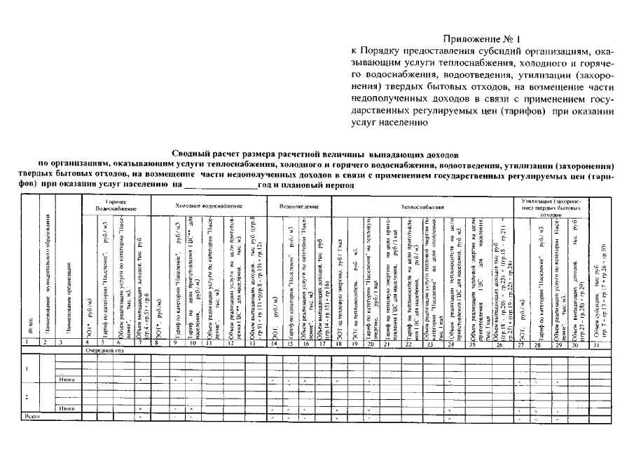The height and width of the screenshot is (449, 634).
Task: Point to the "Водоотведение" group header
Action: [x=299, y=206]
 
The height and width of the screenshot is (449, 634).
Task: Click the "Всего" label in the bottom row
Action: [x=30, y=415]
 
